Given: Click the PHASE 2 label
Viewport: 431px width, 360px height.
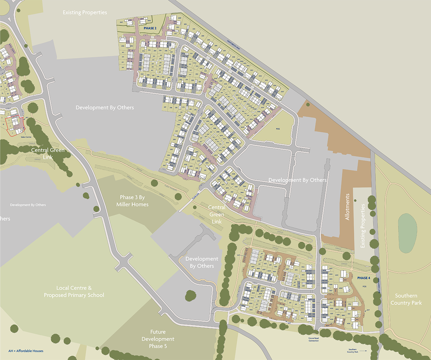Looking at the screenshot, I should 150,28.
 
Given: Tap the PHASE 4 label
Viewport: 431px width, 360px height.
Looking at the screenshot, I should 363,278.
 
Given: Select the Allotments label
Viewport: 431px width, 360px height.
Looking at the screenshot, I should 347,207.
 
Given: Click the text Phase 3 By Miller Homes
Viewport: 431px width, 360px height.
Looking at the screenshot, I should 132,201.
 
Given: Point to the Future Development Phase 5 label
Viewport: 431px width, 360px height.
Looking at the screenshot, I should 158,339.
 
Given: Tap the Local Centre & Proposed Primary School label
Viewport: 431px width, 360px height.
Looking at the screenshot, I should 74,291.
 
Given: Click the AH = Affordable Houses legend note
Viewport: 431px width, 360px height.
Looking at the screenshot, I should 26,351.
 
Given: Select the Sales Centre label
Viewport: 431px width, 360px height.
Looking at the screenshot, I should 26,137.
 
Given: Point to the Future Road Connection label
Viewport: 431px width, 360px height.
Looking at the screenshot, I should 313,339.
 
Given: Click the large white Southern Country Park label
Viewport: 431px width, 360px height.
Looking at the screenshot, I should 406,299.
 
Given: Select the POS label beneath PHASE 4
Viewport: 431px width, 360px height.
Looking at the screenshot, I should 365,287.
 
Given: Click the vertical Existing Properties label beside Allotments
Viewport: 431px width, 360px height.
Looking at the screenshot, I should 362,226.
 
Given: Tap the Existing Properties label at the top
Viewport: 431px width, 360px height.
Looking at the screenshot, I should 85,12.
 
